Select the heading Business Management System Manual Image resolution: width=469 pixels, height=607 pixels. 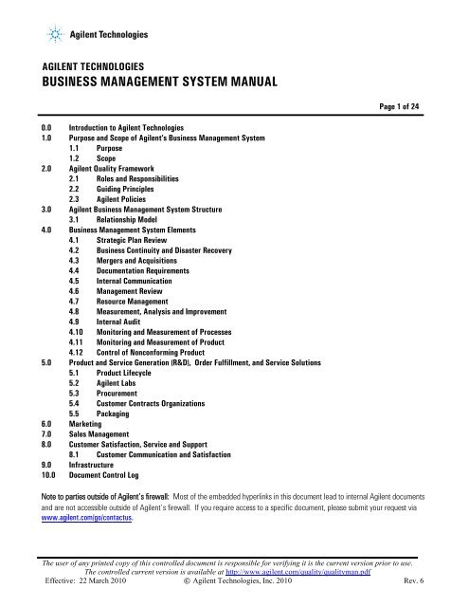(x=156, y=81)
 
